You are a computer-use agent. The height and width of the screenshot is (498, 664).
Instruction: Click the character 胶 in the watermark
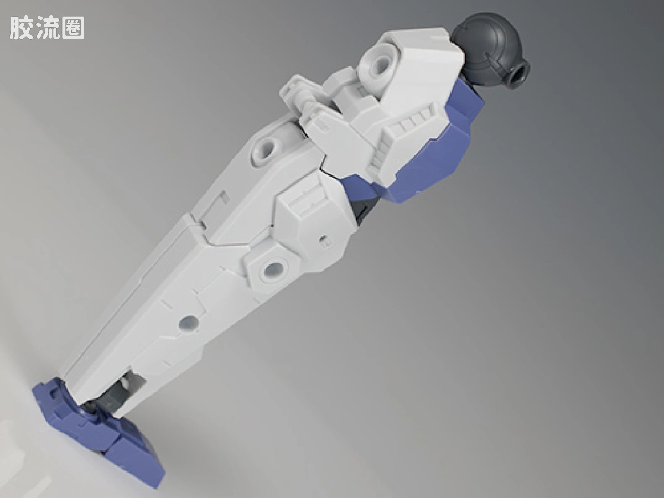(x=22, y=28)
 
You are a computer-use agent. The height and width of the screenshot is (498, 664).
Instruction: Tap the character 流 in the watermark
(x=47, y=28)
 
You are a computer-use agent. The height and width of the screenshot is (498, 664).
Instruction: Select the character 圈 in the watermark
(x=72, y=28)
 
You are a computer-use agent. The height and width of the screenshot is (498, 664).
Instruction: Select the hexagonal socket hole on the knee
(x=274, y=268)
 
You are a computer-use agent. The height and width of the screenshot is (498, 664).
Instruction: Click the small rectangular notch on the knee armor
(x=324, y=240)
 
